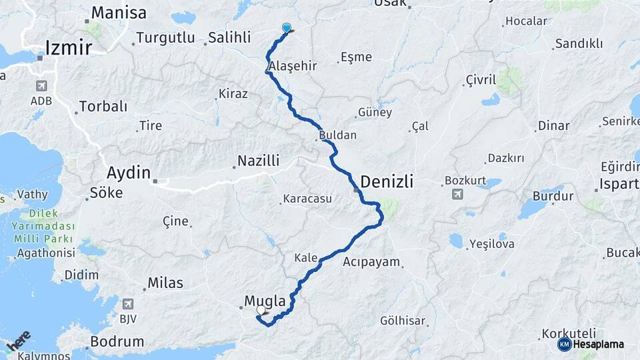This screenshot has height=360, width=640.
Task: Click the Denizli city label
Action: tap(387, 181)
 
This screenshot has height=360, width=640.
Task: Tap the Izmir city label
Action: tap(69, 47)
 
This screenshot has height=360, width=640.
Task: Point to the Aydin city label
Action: tap(129, 173)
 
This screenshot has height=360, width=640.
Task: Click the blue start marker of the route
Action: tap(287, 28)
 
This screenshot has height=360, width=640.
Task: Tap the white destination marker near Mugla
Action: tap(261, 310)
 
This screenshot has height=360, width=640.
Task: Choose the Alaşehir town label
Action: tap(292, 66)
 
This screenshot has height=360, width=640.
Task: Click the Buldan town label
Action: tap(338, 135)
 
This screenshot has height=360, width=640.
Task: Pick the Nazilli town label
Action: tap(259, 161)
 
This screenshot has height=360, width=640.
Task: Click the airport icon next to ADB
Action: tap(41, 86)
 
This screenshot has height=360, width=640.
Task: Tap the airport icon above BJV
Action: tap(128, 304)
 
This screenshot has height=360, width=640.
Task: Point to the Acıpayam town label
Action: tap(371, 262)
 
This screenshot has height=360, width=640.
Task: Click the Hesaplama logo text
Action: tap(598, 344)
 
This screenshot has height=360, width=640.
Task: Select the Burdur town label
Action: tap(553, 197)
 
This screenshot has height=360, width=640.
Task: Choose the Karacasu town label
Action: tap(307, 199)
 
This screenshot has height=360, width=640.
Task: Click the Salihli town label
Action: tap(229, 38)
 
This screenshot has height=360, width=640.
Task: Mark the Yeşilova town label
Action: tap(491, 243)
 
